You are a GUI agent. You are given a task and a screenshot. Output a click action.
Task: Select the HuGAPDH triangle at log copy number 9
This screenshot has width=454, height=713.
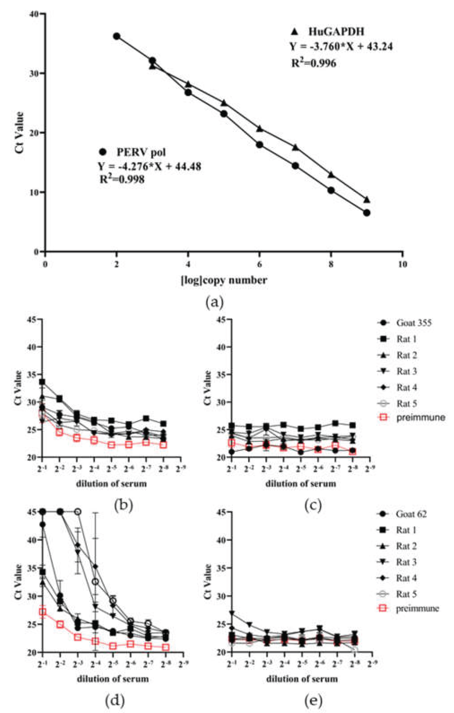[x=367, y=200]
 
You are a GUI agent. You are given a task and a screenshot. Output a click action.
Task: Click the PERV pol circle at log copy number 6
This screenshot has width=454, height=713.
[x=259, y=145]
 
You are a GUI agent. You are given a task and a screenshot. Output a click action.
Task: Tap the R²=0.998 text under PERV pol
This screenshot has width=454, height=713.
[x=122, y=179]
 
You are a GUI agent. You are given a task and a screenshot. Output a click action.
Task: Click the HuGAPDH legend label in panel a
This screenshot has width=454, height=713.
[x=336, y=32]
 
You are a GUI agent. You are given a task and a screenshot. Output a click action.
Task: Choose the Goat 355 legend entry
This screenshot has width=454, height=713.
[x=414, y=323]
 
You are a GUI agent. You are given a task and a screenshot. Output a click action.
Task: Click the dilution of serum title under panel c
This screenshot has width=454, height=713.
[x=300, y=484]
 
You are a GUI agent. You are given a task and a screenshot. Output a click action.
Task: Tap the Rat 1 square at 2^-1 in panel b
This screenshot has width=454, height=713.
[x=42, y=382]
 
